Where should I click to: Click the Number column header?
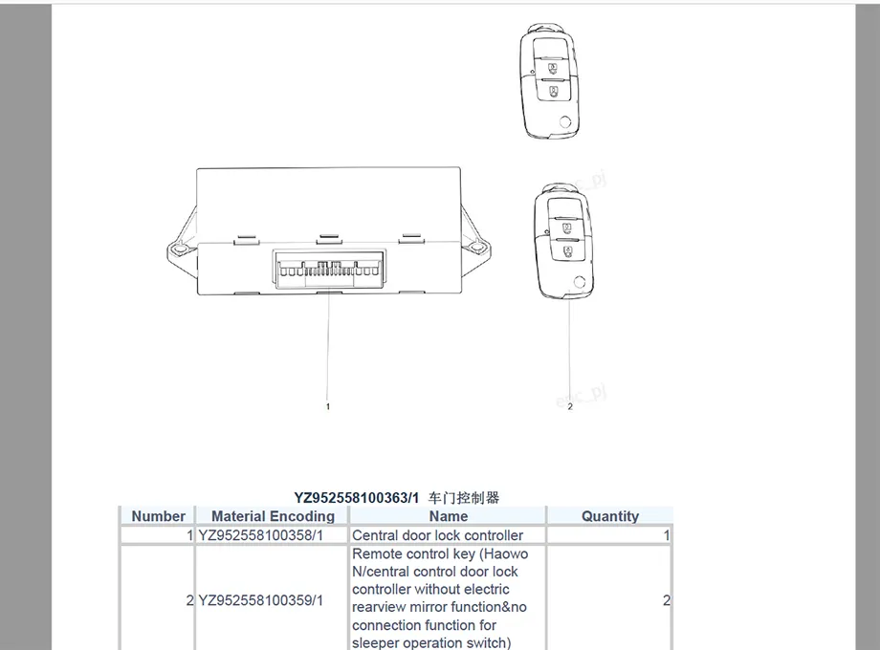pyautogui.click(x=158, y=516)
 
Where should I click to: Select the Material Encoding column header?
pyautogui.click(x=273, y=516)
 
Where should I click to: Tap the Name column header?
pyautogui.click(x=448, y=516)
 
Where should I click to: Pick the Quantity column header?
pyautogui.click(x=610, y=516)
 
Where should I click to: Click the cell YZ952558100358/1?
pyautogui.click(x=261, y=535)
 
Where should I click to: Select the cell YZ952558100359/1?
pyautogui.click(x=261, y=600)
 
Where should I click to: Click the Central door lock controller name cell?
pyautogui.click(x=438, y=535)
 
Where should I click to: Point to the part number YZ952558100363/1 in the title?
pyautogui.click(x=357, y=497)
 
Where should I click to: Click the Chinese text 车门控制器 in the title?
pyautogui.click(x=464, y=497)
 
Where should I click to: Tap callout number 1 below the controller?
pyautogui.click(x=328, y=406)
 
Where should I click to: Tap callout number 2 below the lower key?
pyautogui.click(x=570, y=406)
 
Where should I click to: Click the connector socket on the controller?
pyautogui.click(x=329, y=270)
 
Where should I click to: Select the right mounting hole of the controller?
pyautogui.click(x=477, y=247)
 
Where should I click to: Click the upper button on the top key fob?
pyautogui.click(x=553, y=68)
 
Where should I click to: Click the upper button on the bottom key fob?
pyautogui.click(x=567, y=227)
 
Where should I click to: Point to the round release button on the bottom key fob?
pyautogui.click(x=580, y=282)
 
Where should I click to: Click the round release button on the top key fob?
pyautogui.click(x=565, y=121)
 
